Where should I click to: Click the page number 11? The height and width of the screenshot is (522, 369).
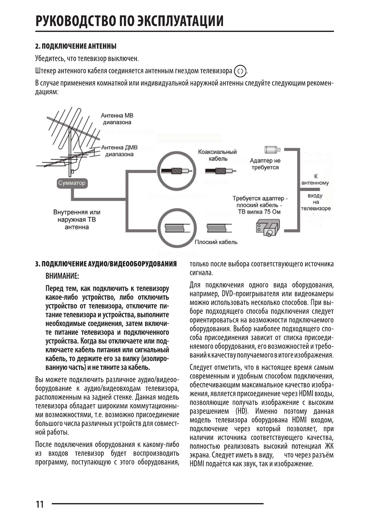tap(40, 504)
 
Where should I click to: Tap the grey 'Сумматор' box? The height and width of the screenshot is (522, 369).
tap(72, 183)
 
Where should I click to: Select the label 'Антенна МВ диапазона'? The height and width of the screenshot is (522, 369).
tap(117, 119)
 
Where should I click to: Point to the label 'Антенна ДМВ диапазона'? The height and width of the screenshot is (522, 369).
tap(119, 151)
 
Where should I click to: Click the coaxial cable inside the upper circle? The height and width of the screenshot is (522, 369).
tap(177, 171)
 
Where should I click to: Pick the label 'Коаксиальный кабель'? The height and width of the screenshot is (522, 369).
tap(217, 155)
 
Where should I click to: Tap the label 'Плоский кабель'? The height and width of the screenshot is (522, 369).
tap(216, 242)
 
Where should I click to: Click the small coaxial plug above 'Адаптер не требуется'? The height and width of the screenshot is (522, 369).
tap(273, 150)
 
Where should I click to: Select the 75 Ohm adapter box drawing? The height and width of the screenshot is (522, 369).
tap(267, 228)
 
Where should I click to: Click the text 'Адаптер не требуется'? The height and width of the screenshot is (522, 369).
tap(265, 164)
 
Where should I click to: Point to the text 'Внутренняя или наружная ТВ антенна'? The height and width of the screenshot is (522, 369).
tap(77, 219)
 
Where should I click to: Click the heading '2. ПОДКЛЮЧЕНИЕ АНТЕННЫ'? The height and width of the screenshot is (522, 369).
tap(76, 46)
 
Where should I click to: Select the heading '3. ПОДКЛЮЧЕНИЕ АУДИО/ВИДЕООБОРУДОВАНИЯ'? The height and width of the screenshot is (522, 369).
tap(106, 264)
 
